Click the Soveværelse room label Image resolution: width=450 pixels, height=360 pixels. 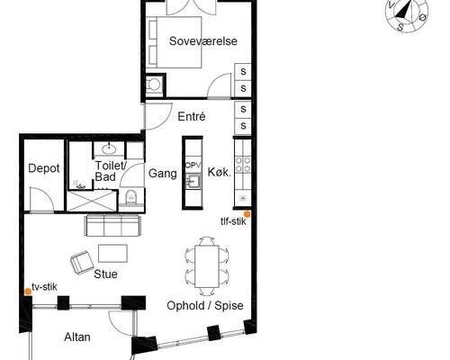pos(203,41)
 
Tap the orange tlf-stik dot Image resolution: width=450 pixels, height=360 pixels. pos(247,214)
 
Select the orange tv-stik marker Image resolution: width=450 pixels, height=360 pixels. pos(28,292)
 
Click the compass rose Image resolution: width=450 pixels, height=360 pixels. pos(407,14)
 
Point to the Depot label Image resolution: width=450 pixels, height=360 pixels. pos(44,168)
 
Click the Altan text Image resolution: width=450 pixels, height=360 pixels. pos(77,337)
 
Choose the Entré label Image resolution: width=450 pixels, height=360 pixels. pos(192,116)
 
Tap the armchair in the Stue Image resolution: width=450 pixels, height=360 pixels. pos(82,263)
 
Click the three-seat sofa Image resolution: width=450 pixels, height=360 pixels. pos(112,225)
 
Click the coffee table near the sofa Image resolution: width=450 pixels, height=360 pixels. pos(112,254)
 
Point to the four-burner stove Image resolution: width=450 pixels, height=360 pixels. pos(243,165)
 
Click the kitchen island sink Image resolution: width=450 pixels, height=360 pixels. pos(193,181)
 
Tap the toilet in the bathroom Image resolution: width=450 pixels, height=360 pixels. pos(130,196)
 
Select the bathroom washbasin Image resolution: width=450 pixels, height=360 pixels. pos(109,148)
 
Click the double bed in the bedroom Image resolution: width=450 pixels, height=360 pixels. pos(175,42)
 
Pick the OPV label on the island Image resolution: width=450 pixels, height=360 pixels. pos(193,165)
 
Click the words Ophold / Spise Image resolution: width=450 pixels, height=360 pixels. pos(205,306)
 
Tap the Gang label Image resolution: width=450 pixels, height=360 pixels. pos(163,174)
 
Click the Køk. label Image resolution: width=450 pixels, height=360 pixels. pos(220,172)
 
